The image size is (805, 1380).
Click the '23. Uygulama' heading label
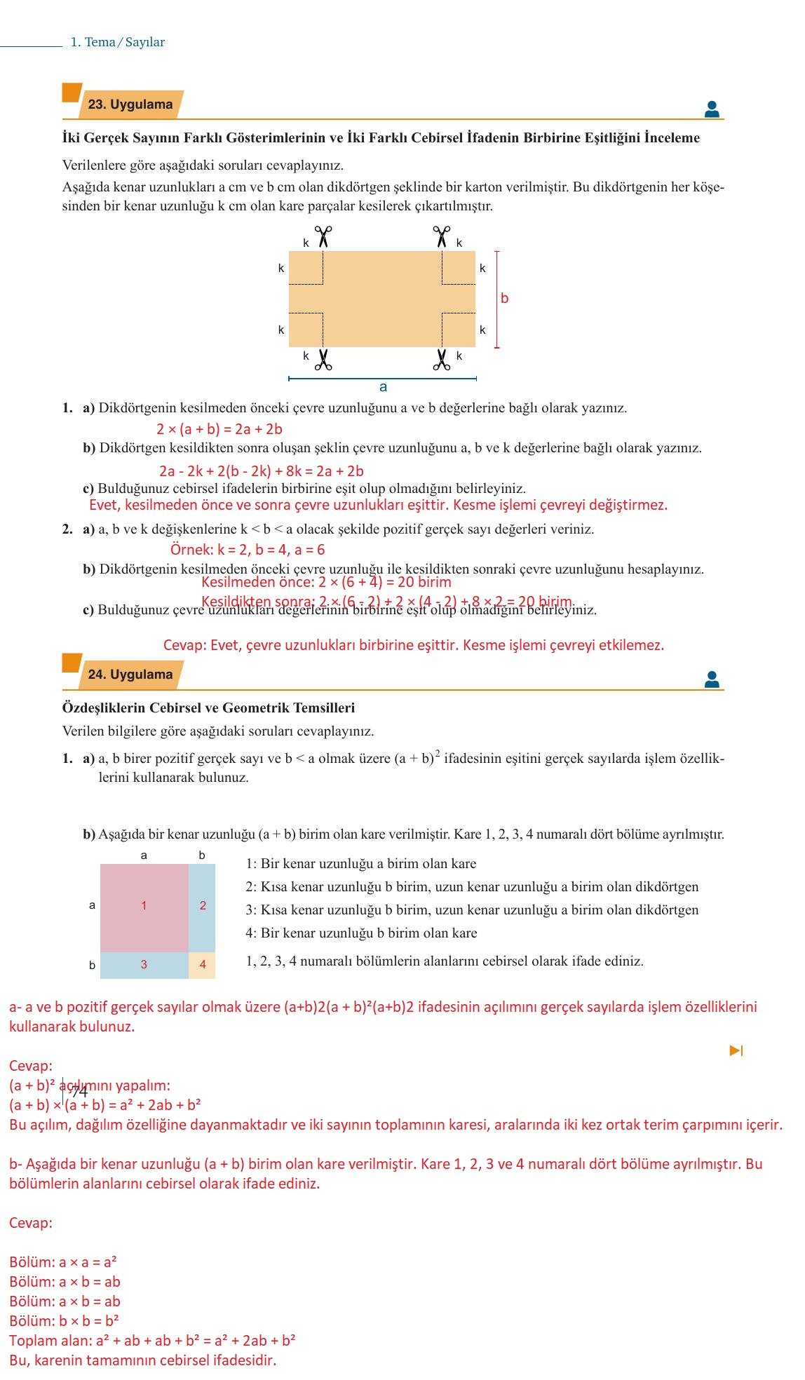[x=130, y=104]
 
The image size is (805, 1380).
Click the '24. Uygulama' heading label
[x=130, y=675]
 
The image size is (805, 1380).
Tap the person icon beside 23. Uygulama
[x=712, y=109]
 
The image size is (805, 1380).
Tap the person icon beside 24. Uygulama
[x=712, y=679]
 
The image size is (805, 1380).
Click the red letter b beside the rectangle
[x=504, y=298]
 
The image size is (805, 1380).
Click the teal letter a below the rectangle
[x=383, y=387]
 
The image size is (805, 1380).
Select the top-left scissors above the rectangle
[x=323, y=236]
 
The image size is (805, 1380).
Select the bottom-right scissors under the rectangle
[x=442, y=360]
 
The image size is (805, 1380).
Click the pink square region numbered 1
[x=144, y=906]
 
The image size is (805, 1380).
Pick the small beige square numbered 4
[x=203, y=965]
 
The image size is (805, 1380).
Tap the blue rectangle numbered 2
[x=203, y=906]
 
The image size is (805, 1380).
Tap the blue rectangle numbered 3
[x=144, y=965]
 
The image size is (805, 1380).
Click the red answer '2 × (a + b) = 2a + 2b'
[x=219, y=429]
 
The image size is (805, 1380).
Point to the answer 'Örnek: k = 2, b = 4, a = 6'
[x=248, y=550]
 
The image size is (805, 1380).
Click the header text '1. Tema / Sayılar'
[x=118, y=42]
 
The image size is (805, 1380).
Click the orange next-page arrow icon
[x=736, y=1050]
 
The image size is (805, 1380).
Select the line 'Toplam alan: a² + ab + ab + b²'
[x=152, y=1341]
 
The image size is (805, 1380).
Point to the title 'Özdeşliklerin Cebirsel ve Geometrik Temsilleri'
[x=208, y=708]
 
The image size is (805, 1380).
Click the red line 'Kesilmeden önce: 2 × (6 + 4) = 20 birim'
[x=326, y=582]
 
